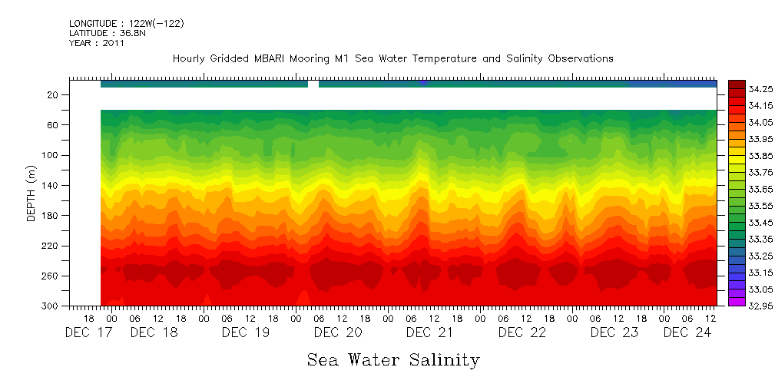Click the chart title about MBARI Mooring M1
point(392,58)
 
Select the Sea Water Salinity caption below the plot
point(393,359)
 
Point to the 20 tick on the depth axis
point(54,95)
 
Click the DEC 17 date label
point(89,332)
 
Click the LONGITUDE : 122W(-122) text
point(127,24)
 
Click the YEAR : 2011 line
point(97,44)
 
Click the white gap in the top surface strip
point(313,84)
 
